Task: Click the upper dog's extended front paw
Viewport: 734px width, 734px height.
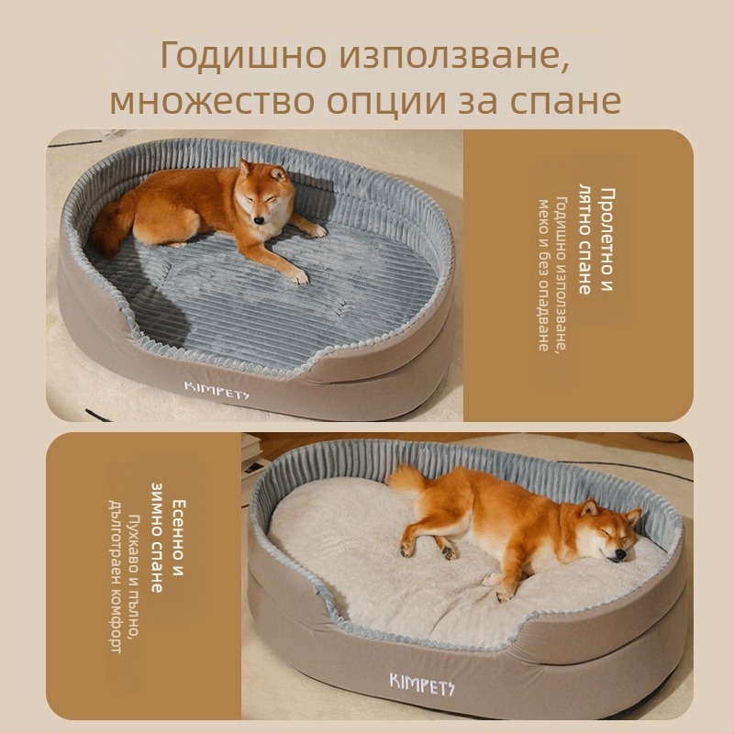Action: coord(296,273)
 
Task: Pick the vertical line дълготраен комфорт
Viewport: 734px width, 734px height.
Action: coord(117,578)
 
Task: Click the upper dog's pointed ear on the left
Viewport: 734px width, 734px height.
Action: coord(244,168)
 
